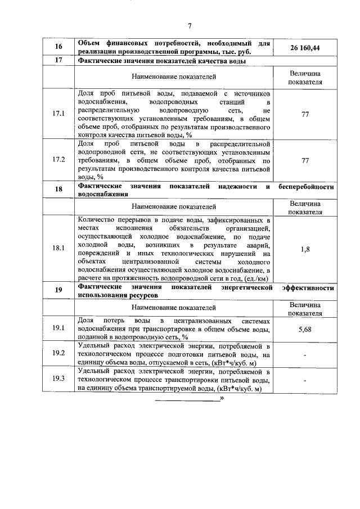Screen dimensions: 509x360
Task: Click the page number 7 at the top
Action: tap(190, 25)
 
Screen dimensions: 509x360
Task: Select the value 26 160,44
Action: tap(305, 48)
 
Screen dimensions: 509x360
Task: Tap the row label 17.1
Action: tap(58, 114)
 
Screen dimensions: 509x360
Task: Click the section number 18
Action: tap(58, 190)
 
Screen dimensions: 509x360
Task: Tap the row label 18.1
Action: tap(58, 249)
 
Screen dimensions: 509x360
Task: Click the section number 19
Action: tap(58, 290)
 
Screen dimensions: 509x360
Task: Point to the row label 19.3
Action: tap(58, 380)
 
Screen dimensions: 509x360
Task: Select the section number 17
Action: tap(58, 60)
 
